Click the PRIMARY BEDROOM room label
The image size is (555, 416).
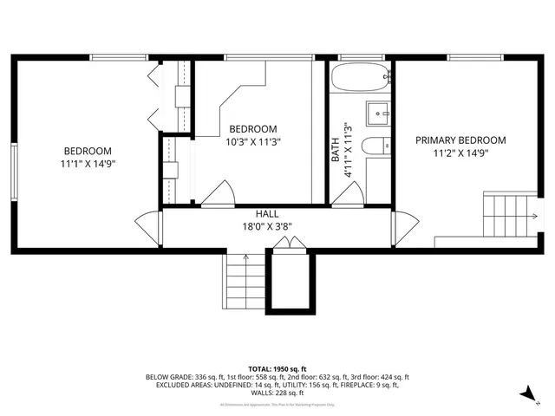pyautogui.click(x=460, y=140)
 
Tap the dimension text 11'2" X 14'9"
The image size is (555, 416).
pyautogui.click(x=460, y=153)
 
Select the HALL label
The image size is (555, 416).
pyautogui.click(x=266, y=213)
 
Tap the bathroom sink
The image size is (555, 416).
pyautogui.click(x=378, y=113)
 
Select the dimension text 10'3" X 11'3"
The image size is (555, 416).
pyautogui.click(x=253, y=141)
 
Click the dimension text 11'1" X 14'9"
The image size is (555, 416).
pyautogui.click(x=88, y=163)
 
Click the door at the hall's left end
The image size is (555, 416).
pyautogui.click(x=157, y=229)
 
